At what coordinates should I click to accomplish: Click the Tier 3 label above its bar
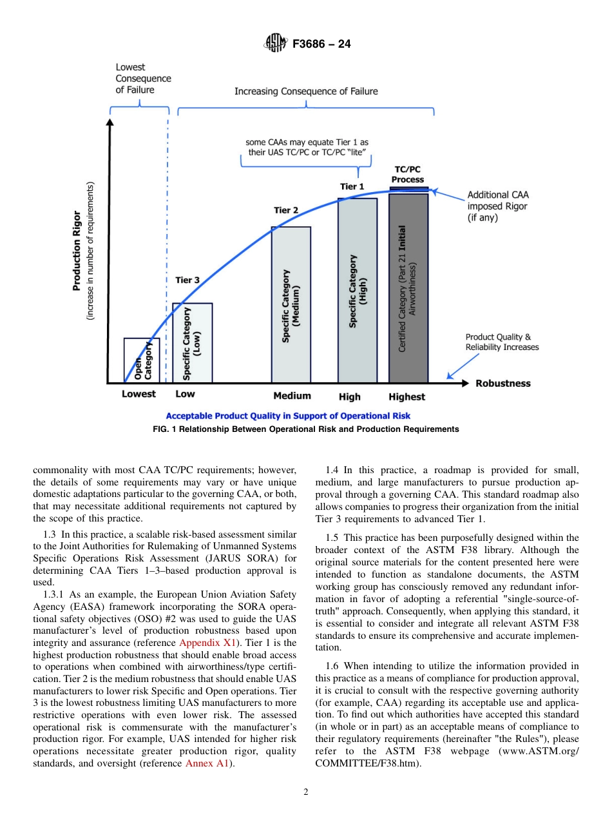pos(187,280)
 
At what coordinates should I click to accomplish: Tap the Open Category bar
pos(142,361)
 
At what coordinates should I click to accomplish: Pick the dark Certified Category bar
pos(408,288)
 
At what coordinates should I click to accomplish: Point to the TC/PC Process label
pos(408,174)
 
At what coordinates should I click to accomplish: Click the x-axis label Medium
pos(292,395)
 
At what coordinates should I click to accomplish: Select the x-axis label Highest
pos(407,396)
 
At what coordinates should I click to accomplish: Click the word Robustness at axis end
pos(503,383)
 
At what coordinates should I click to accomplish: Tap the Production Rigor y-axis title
pos(77,250)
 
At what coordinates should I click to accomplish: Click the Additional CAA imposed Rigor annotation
pos(497,206)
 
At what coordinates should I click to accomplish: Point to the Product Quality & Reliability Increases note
pos(502,342)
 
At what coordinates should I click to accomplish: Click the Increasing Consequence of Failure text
pos(306,91)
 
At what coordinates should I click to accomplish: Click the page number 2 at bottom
pos(306,792)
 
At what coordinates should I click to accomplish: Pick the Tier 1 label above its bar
pos(352,186)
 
